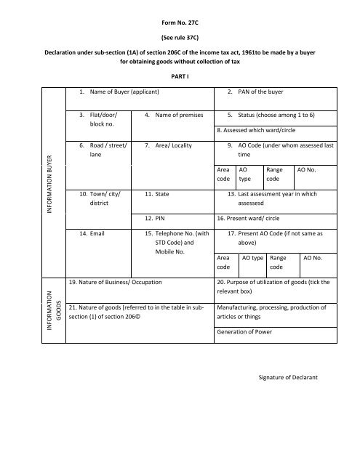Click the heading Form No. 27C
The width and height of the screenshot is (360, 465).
pyautogui.click(x=180, y=13)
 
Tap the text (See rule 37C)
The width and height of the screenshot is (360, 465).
pyautogui.click(x=180, y=33)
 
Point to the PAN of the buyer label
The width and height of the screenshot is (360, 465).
pyautogui.click(x=259, y=92)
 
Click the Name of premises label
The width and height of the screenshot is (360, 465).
pyautogui.click(x=175, y=115)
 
